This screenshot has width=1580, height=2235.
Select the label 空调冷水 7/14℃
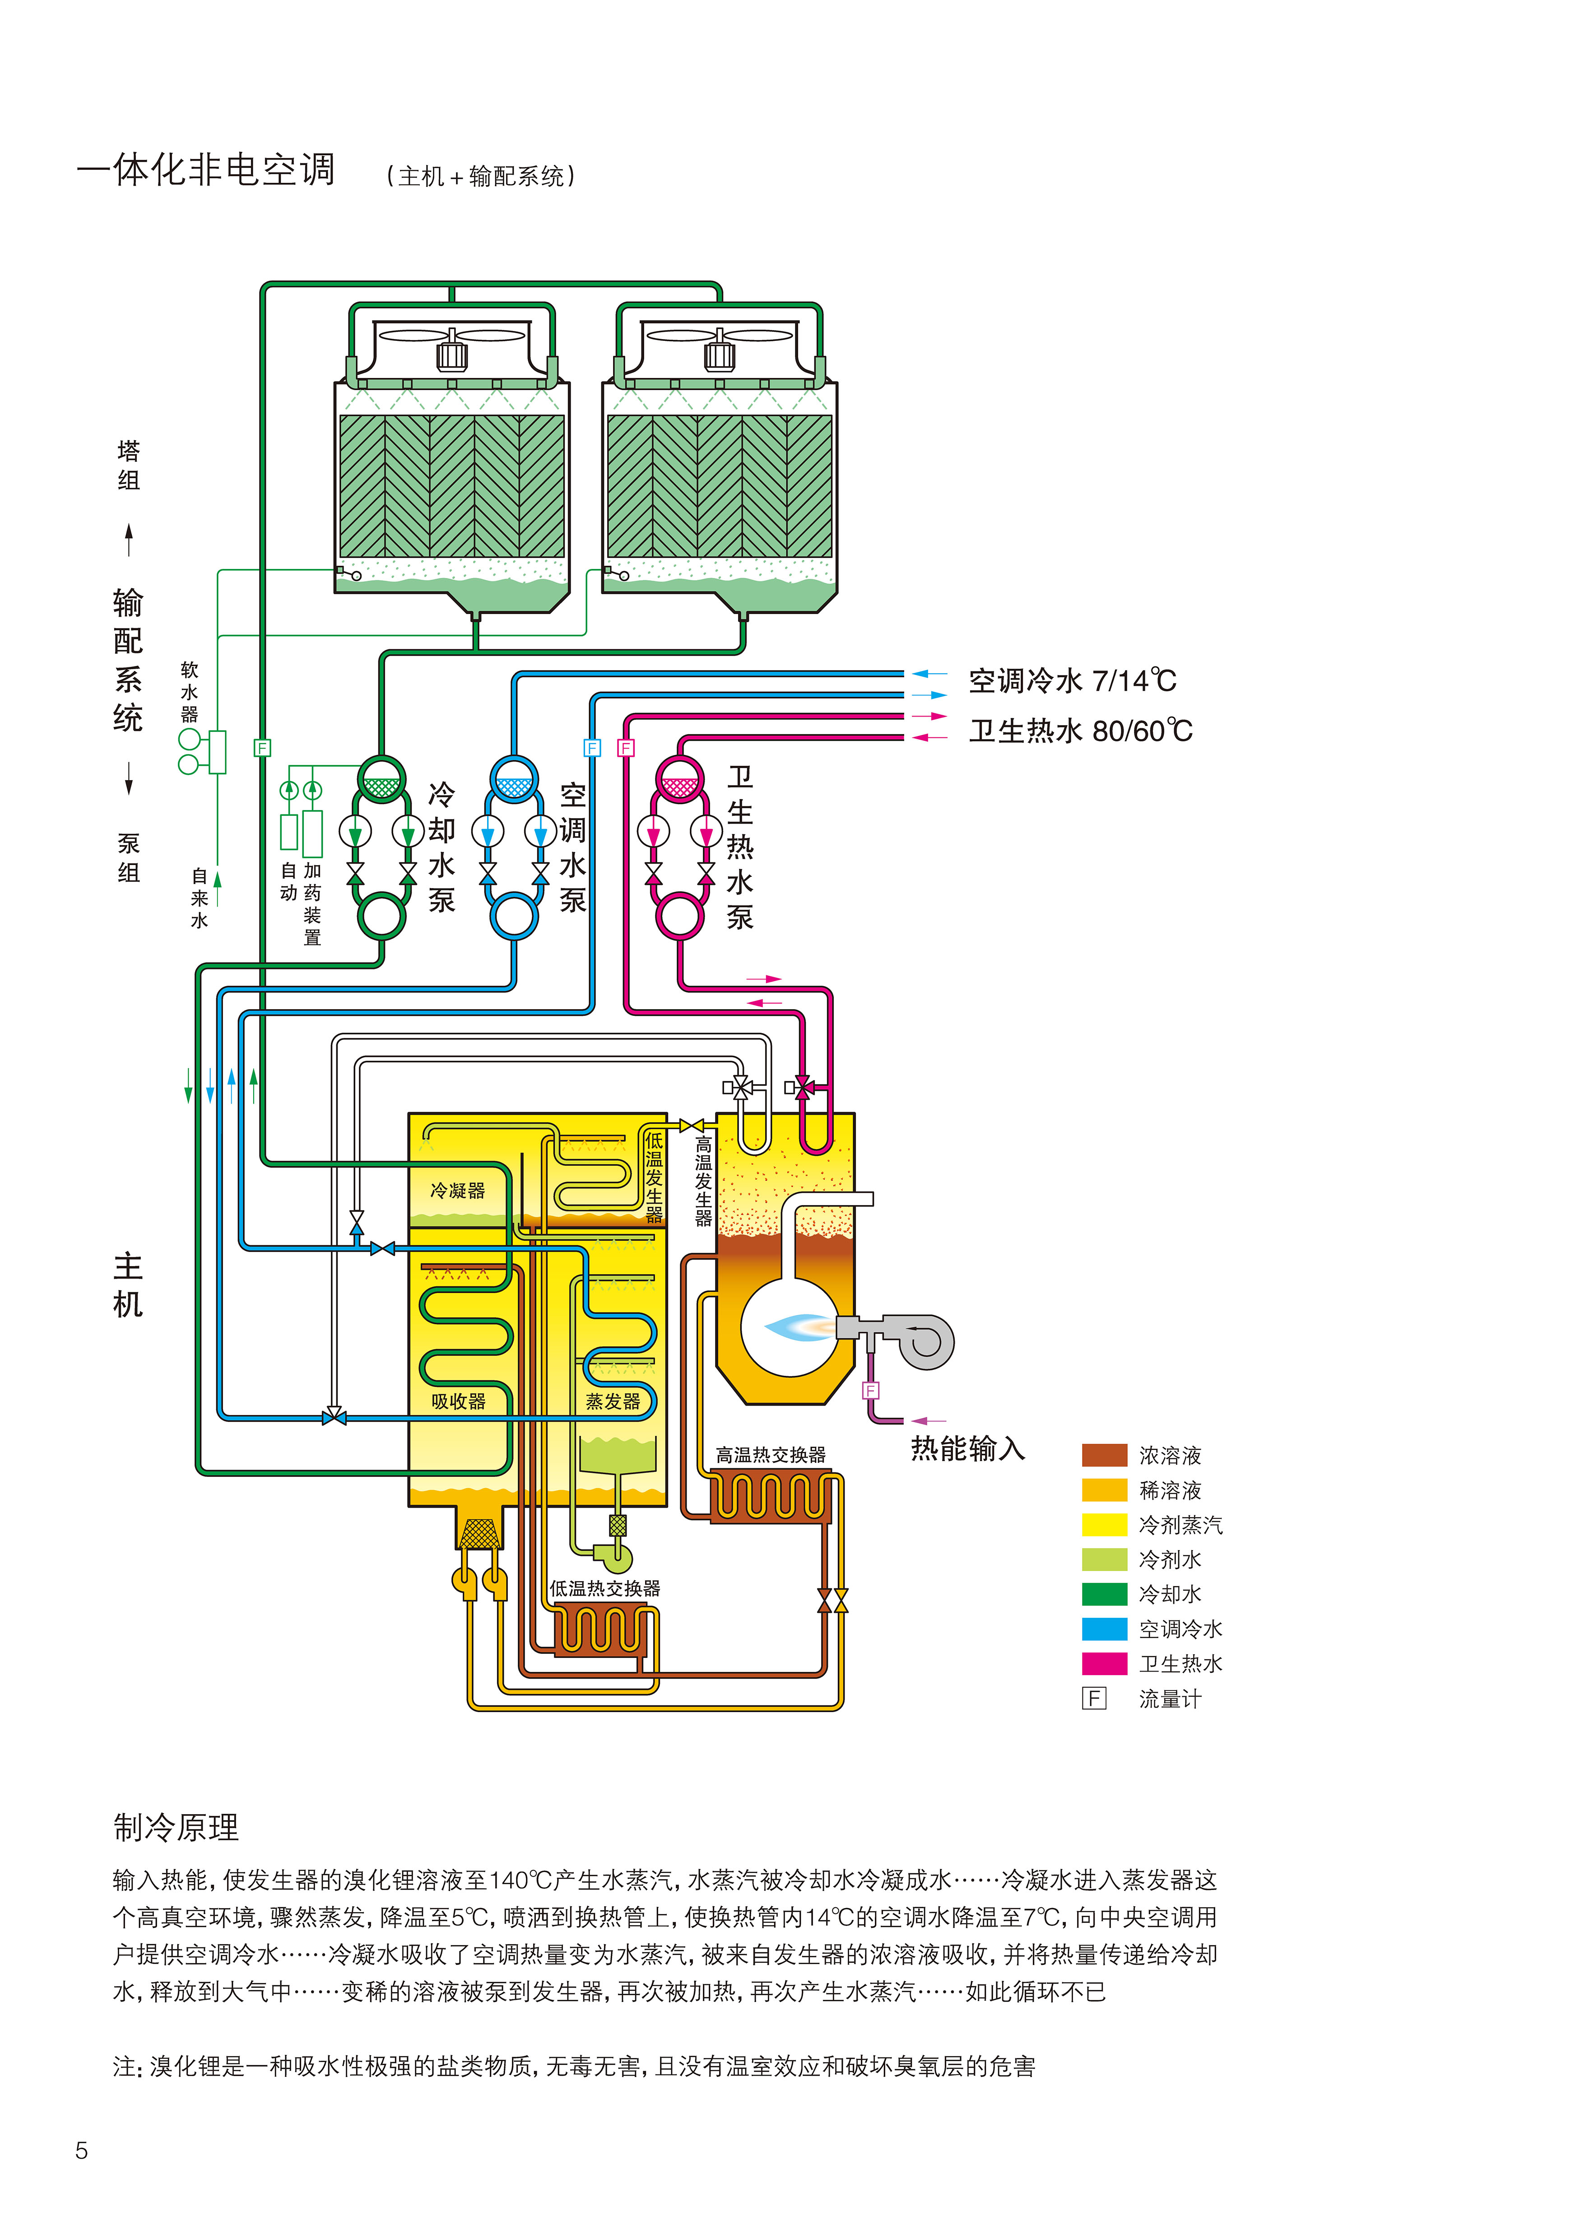coord(1072,680)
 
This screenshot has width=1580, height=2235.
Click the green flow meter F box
coord(262,748)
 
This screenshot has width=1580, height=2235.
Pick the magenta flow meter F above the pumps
coord(626,748)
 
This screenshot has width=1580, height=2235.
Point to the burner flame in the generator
coord(798,1326)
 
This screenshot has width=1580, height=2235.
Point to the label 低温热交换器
coord(604,1588)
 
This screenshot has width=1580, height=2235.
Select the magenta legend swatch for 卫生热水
coord(1104,1663)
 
